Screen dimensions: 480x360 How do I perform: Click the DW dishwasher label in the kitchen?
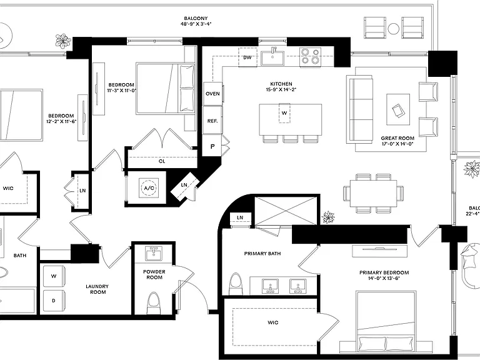pos(247,57)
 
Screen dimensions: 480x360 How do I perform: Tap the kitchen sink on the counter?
pos(272,58)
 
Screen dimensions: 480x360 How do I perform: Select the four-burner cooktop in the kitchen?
pos(311,56)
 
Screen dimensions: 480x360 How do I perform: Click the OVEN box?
pos(212,94)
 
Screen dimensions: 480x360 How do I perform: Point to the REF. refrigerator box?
pos(212,121)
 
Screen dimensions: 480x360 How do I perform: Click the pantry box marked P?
pos(212,146)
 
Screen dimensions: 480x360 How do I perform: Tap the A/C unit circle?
pos(149,187)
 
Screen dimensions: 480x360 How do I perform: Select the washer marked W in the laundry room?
pos(54,276)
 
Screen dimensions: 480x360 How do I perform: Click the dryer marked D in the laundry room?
pos(54,301)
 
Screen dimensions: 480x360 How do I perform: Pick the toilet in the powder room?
pos(154,303)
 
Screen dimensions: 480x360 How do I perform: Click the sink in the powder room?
pos(154,254)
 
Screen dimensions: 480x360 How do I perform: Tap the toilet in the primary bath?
pos(236,284)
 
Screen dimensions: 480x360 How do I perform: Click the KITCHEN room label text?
pos(281,84)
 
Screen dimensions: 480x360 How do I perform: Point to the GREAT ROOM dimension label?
pos(397,144)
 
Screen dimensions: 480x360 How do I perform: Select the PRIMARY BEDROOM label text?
pos(384,272)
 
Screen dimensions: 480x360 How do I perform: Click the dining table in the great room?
pos(374,193)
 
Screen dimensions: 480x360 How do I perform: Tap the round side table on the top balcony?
pos(393,29)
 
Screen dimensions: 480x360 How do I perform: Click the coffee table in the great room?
pos(398,109)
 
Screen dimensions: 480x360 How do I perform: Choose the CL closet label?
pos(162,161)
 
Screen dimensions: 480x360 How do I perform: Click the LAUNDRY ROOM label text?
pos(97,289)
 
